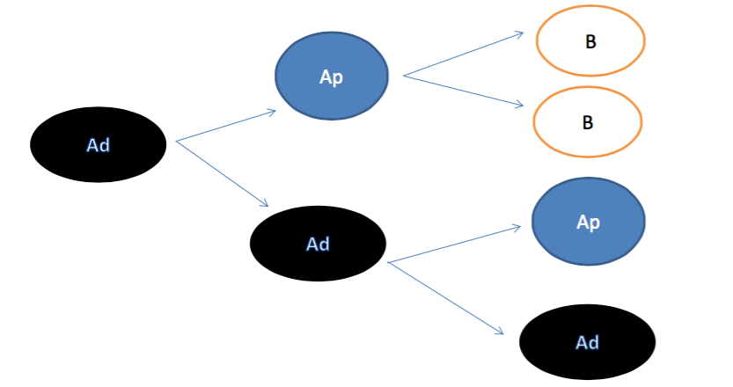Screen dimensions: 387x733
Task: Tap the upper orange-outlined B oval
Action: [590, 40]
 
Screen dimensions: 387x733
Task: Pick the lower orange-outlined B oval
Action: [587, 122]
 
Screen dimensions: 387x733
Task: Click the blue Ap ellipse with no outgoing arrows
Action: [588, 223]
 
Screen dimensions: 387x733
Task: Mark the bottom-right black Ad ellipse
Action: [587, 343]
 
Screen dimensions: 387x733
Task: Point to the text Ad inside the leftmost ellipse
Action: [98, 146]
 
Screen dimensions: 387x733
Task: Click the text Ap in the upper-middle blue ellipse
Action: [331, 77]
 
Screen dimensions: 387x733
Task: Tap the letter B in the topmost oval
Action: [590, 41]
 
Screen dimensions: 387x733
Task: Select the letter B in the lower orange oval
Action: [587, 123]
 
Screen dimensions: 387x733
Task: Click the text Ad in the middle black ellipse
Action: [318, 245]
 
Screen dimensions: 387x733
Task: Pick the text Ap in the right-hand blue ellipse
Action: [588, 223]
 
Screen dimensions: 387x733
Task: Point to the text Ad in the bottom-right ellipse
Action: [587, 343]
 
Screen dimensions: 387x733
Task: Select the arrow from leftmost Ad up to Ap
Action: [226, 126]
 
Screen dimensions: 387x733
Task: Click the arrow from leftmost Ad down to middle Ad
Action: [222, 172]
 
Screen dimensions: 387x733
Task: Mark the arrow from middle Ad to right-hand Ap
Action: [454, 244]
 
